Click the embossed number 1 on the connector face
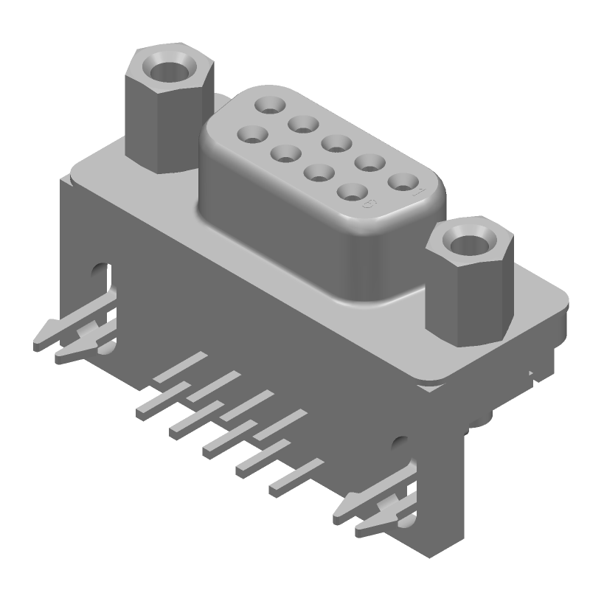(x=420, y=194)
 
